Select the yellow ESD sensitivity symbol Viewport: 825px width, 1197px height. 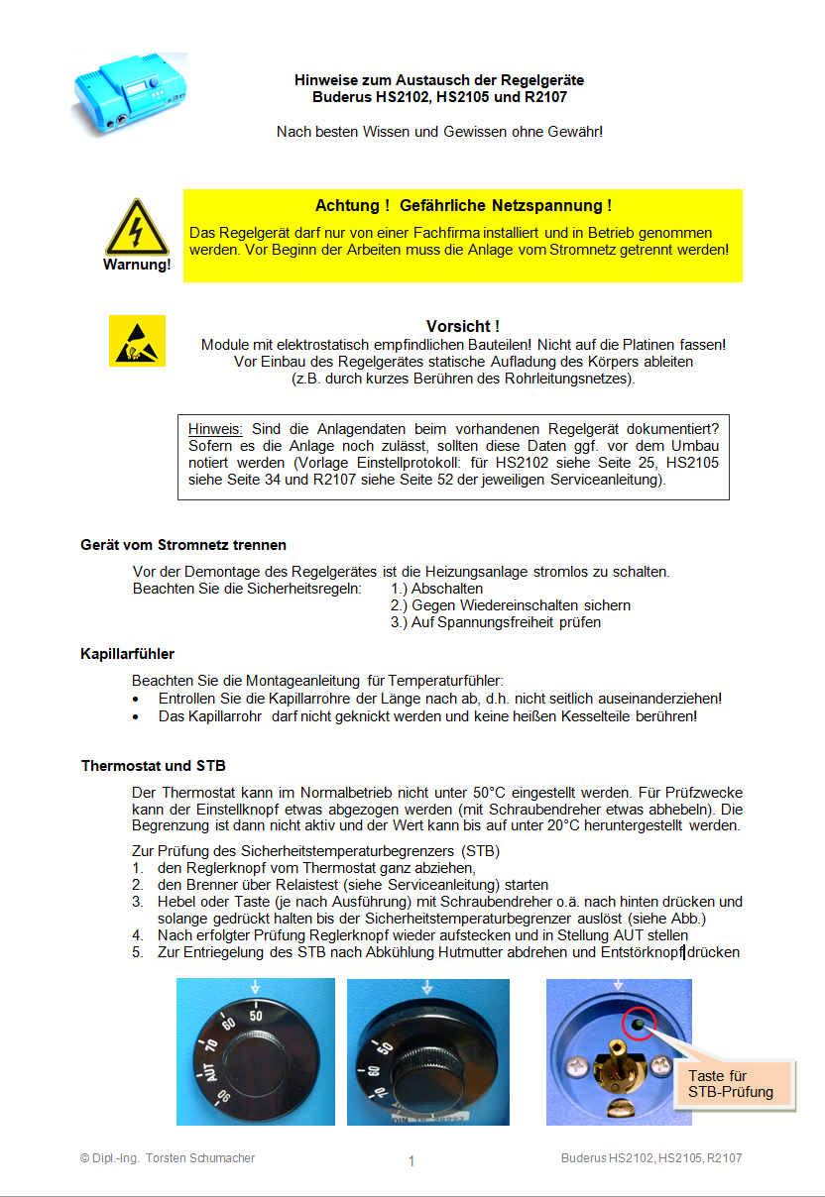pos(137,341)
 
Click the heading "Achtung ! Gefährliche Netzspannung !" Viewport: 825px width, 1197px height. pos(463,206)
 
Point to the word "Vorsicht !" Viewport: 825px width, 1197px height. pos(462,326)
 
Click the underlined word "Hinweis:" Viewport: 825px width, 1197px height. pos(215,429)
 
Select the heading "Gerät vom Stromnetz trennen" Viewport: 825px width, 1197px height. pos(183,545)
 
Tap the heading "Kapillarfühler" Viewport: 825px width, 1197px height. pos(128,654)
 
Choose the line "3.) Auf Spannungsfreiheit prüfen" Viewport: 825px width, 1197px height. pos(495,622)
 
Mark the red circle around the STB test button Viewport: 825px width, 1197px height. pos(640,1025)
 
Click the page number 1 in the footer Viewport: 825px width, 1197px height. pos(412,1161)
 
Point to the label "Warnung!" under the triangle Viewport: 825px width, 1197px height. pos(137,266)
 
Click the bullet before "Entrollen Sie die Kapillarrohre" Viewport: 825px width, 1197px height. pos(137,699)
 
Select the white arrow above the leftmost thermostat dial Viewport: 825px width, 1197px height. pos(256,987)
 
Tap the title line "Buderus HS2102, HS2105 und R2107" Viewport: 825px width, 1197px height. pos(439,97)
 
